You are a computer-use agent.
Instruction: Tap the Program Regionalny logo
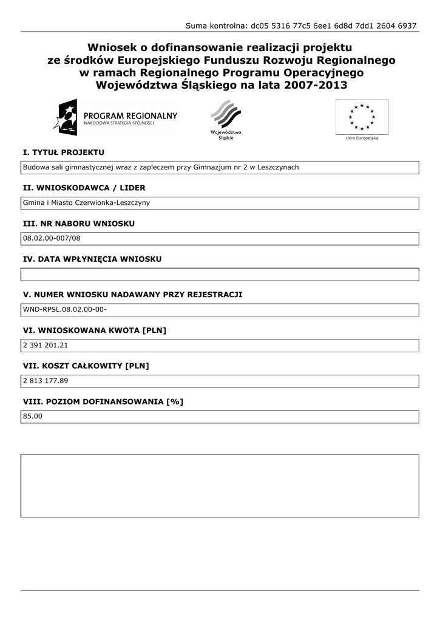click(x=115, y=117)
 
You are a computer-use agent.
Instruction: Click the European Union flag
click(x=362, y=117)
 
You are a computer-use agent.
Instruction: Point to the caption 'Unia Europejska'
click(x=362, y=138)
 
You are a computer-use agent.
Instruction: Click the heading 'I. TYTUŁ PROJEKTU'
click(x=64, y=152)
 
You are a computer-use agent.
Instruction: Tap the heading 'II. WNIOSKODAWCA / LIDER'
click(x=84, y=188)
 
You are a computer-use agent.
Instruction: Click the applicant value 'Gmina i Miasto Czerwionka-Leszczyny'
click(x=86, y=203)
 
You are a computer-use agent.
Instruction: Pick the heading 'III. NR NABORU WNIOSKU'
click(x=79, y=224)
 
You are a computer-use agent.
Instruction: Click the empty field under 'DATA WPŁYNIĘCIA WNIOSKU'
click(x=220, y=274)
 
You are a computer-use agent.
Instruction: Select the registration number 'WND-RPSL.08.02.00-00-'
click(x=65, y=310)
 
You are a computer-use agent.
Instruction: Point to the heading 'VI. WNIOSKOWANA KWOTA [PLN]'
click(x=94, y=330)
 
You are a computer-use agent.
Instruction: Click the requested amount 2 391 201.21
click(x=46, y=346)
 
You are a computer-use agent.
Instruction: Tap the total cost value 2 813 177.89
click(x=46, y=381)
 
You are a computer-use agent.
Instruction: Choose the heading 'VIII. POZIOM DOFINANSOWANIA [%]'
click(x=103, y=402)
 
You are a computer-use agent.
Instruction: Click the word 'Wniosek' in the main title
click(x=110, y=47)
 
